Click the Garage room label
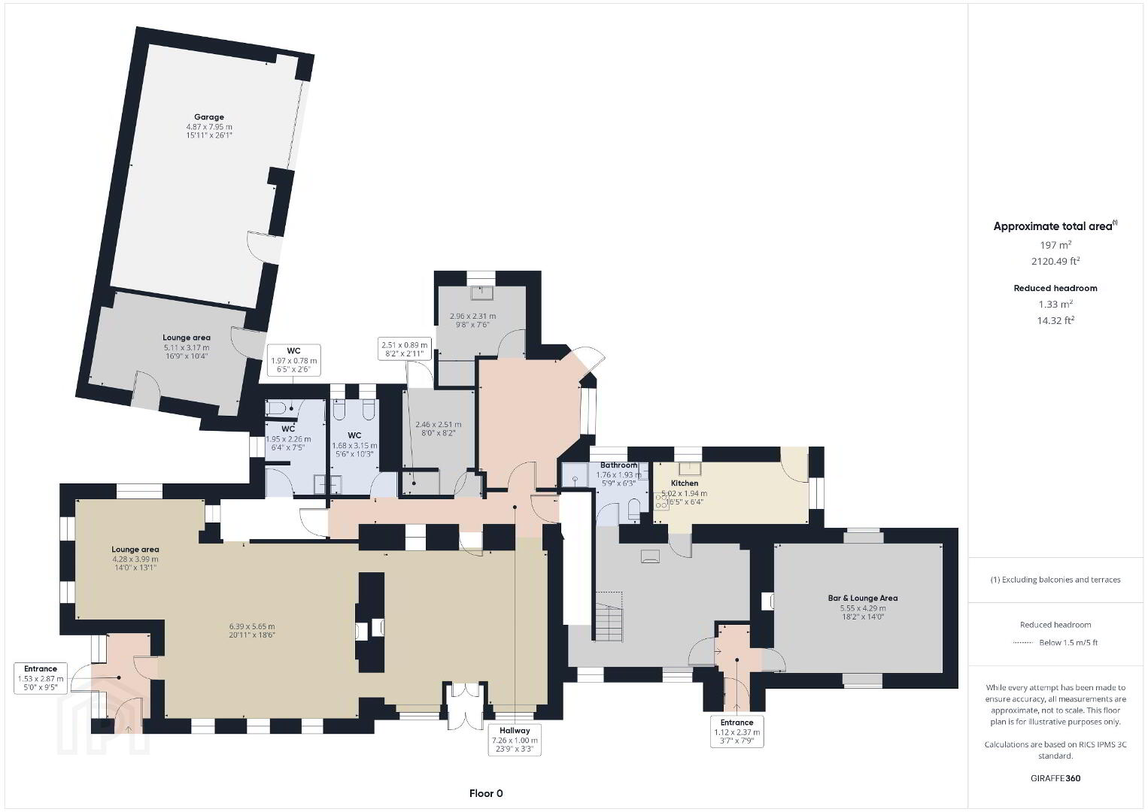[x=209, y=117]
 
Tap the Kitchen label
[x=684, y=483]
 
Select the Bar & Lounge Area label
[x=863, y=598]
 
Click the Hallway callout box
[x=515, y=739]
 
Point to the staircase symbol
[x=609, y=617]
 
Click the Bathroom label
[x=618, y=465]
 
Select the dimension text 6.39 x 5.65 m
[x=251, y=626]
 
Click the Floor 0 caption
[x=486, y=793]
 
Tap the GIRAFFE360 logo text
[x=1055, y=778]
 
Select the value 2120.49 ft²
[x=1055, y=261]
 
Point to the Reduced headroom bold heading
[x=1055, y=288]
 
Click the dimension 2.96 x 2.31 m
[x=472, y=316]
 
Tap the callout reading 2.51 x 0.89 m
[x=405, y=348]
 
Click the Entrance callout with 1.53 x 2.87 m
[x=41, y=677]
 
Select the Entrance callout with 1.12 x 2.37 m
[x=737, y=732]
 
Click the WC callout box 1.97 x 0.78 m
[x=293, y=360]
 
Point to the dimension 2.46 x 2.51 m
[x=438, y=424]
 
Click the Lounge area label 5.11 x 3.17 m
[x=187, y=347]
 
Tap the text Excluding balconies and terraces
[x=1061, y=580]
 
